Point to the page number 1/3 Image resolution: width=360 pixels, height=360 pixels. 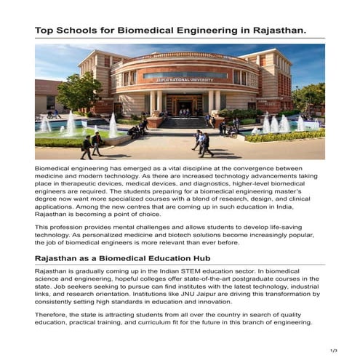click(x=334, y=351)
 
